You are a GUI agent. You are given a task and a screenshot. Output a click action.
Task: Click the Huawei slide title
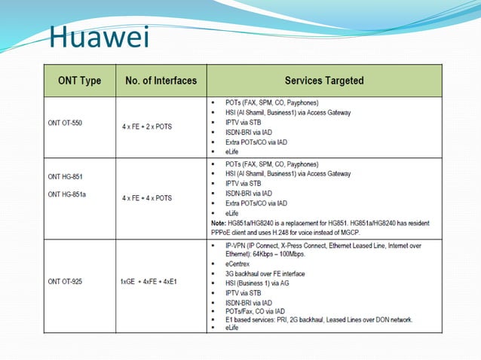click(98, 36)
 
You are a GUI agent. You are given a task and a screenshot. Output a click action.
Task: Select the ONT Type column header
click(79, 81)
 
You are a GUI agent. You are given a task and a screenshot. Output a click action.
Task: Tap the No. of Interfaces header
click(161, 81)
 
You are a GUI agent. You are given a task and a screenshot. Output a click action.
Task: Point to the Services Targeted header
click(323, 81)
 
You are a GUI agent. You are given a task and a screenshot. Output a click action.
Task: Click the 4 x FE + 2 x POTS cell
click(147, 127)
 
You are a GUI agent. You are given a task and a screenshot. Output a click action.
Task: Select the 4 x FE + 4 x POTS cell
click(147, 198)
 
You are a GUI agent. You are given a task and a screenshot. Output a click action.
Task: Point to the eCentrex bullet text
click(240, 264)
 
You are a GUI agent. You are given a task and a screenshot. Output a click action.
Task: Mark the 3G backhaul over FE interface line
click(268, 274)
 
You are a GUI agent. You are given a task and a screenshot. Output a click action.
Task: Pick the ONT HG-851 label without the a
click(67, 178)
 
